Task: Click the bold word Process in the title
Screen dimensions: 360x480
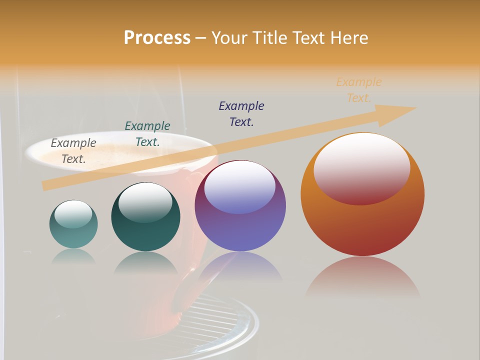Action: click(157, 38)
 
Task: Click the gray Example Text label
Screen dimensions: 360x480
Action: click(73, 150)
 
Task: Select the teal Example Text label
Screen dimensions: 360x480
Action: click(147, 133)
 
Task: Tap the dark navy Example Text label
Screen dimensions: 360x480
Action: click(241, 113)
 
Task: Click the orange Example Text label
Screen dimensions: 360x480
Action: click(359, 89)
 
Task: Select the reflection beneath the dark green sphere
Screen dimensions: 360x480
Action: click(145, 262)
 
